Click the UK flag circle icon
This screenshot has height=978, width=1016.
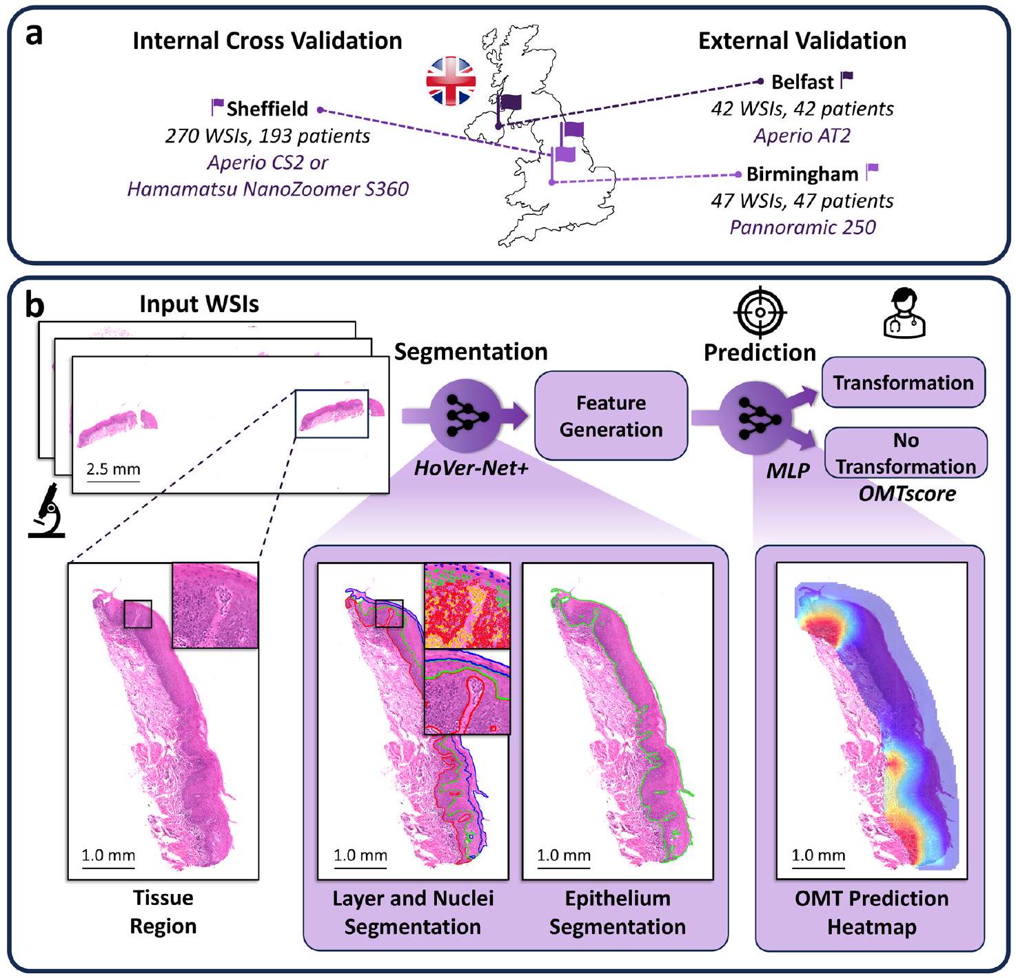[451, 81]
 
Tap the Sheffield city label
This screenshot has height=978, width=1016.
[267, 109]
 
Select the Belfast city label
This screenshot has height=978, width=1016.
[802, 82]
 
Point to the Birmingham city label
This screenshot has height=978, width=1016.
[802, 174]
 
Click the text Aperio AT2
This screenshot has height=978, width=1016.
[802, 135]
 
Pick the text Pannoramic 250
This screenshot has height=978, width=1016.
[802, 227]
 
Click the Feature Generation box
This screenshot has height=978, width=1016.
[611, 416]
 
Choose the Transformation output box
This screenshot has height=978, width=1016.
[903, 382]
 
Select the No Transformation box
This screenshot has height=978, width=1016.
[906, 453]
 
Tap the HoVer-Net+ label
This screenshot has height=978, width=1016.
[471, 470]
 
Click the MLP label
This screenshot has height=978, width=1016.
[788, 471]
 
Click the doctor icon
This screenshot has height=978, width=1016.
[904, 313]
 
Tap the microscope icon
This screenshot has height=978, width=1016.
[46, 510]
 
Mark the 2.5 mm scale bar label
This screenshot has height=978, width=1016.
[113, 470]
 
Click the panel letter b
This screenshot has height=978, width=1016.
[34, 305]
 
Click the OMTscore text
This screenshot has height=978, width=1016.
[907, 494]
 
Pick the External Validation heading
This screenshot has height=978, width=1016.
[802, 41]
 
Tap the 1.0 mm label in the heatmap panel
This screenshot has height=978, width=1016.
[818, 855]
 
